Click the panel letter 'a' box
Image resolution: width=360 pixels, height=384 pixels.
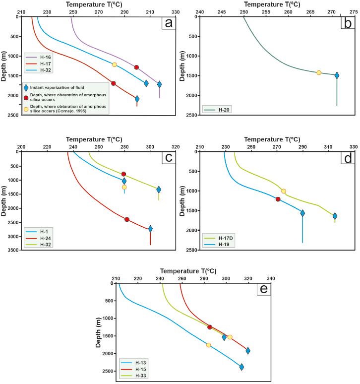point(169,23)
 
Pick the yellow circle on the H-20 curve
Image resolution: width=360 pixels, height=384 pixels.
point(319,72)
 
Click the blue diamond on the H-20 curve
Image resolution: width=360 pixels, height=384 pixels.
point(337,75)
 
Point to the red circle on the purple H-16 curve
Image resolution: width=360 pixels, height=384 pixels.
point(136,67)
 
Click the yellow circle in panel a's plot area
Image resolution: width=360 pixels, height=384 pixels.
point(115,64)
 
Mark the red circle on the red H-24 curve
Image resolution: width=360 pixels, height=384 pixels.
point(127,219)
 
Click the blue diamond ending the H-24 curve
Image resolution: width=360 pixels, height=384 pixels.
point(150,229)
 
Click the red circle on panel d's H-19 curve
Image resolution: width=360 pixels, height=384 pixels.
point(278,199)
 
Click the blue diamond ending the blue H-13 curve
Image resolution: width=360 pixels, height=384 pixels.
point(241,367)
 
